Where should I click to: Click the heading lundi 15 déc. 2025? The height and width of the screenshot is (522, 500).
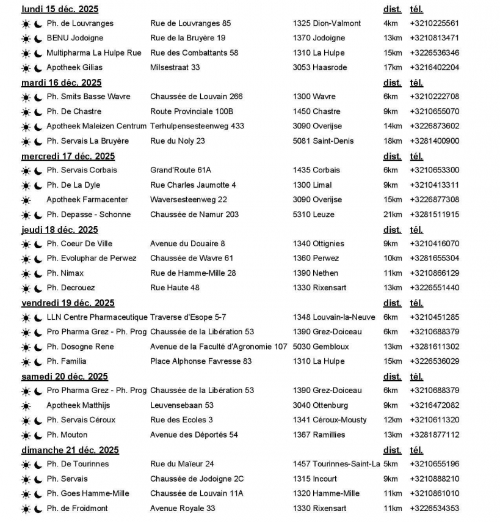(60, 9)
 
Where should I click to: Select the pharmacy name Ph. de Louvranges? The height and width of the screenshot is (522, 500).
(80, 24)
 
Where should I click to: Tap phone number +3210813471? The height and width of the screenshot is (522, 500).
(435, 39)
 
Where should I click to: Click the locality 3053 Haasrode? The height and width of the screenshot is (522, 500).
(320, 68)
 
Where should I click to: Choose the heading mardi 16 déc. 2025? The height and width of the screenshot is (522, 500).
(61, 83)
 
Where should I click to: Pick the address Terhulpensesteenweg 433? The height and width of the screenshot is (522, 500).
(197, 127)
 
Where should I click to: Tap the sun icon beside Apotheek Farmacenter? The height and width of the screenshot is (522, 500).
(26, 200)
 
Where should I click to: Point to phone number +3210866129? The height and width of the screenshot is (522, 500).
(435, 273)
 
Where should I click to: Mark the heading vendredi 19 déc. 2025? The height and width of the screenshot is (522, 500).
(68, 303)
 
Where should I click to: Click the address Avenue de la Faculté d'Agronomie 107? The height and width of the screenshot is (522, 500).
(219, 347)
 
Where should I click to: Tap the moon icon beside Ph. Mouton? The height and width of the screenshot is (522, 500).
(38, 435)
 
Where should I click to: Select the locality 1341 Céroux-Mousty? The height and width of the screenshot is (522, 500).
(330, 420)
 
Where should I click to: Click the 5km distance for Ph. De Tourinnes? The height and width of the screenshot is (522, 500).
(390, 464)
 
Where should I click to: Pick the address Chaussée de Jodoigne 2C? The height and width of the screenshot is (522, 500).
(197, 479)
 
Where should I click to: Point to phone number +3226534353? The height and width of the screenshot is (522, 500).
(435, 508)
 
